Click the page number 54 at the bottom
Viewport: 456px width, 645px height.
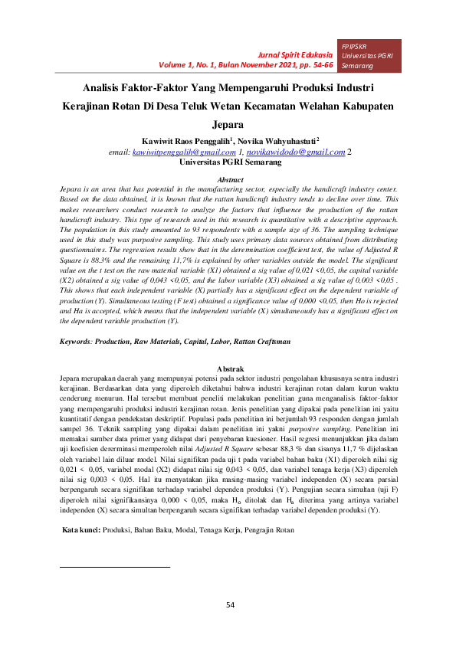[229, 606]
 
